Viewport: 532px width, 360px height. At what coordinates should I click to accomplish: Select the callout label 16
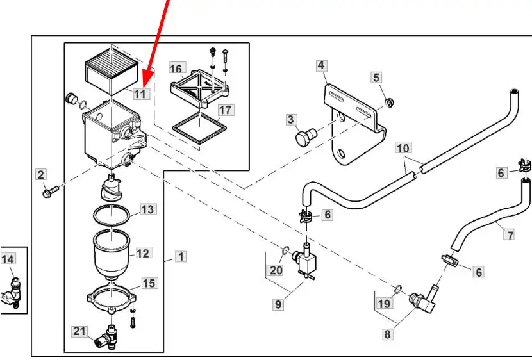click(176, 68)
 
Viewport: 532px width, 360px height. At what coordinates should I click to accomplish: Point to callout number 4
click(321, 65)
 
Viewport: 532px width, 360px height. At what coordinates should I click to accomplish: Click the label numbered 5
click(376, 78)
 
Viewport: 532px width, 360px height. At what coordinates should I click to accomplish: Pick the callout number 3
click(291, 119)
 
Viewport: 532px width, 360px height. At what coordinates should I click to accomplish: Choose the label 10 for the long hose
click(403, 149)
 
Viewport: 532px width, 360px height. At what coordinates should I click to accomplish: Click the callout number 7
click(510, 235)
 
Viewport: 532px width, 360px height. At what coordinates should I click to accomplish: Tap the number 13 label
click(147, 209)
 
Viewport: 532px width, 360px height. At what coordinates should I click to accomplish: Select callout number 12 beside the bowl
click(142, 253)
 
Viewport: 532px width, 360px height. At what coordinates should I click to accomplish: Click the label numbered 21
click(79, 331)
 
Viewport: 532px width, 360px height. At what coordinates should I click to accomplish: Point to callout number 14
click(8, 259)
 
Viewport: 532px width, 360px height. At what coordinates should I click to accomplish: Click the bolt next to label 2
click(49, 191)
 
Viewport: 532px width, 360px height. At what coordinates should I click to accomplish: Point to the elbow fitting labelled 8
click(421, 300)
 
